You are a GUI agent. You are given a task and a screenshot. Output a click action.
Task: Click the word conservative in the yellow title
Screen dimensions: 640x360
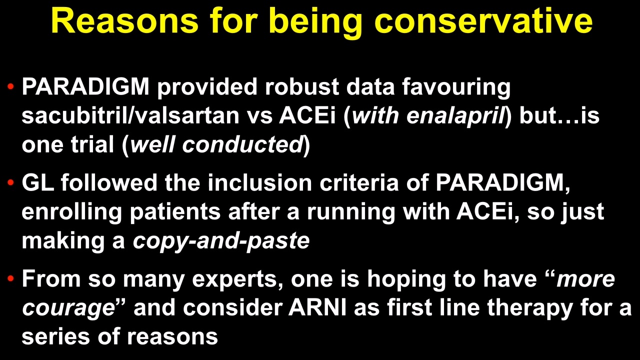point(483,21)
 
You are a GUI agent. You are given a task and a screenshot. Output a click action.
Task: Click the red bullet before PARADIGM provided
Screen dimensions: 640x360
point(11,86)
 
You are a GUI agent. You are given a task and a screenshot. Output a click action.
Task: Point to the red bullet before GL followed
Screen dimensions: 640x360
point(11,182)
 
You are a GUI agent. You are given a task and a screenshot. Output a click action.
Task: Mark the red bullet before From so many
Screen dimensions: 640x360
point(11,278)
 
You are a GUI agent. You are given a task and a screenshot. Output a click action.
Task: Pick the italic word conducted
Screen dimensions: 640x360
point(242,144)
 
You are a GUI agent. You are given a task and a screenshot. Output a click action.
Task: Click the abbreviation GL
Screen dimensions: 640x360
point(37,182)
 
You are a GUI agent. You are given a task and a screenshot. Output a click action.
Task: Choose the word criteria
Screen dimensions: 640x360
point(359,182)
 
